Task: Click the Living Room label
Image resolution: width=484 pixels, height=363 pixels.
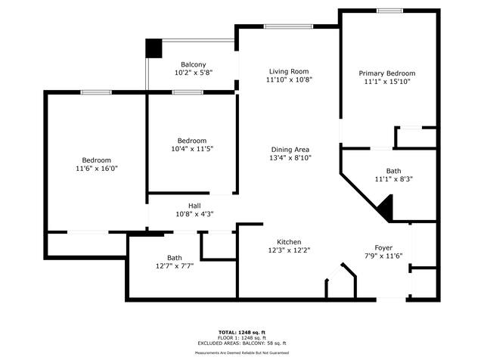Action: pos(289,71)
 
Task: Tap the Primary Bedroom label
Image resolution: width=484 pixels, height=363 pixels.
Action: pos(387,73)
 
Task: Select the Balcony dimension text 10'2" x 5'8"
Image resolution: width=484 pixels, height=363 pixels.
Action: pos(194,73)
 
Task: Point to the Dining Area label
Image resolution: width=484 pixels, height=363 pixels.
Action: pos(290,150)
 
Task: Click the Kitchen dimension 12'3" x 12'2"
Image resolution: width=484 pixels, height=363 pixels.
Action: pos(289,250)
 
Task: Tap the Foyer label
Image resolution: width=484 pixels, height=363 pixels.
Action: pos(383,247)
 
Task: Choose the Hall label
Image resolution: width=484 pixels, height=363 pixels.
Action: pos(194,206)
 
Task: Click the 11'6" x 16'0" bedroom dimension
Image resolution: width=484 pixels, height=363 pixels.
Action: pos(97,168)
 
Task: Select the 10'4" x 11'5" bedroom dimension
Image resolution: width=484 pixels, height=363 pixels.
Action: pos(192,149)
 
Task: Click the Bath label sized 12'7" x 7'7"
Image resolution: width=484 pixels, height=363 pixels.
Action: pos(175,257)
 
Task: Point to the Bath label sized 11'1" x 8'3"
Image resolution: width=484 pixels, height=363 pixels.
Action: pos(393,171)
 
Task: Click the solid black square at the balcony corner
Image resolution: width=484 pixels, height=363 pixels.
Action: pos(154,48)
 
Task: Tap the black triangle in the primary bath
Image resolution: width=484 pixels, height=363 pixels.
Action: pos(386,207)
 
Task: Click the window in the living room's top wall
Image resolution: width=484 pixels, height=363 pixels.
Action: pos(288,26)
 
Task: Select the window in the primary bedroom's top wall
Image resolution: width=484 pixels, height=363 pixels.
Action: pos(390,11)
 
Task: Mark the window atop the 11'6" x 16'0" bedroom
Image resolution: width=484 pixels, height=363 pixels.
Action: pos(96,92)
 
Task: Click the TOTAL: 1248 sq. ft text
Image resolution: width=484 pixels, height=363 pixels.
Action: pos(242,333)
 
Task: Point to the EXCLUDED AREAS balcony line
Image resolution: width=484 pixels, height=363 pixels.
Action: pos(242,343)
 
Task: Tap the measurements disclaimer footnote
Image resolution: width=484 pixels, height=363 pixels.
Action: pos(242,352)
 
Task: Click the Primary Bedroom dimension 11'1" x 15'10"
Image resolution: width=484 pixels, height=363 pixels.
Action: pos(387,82)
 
